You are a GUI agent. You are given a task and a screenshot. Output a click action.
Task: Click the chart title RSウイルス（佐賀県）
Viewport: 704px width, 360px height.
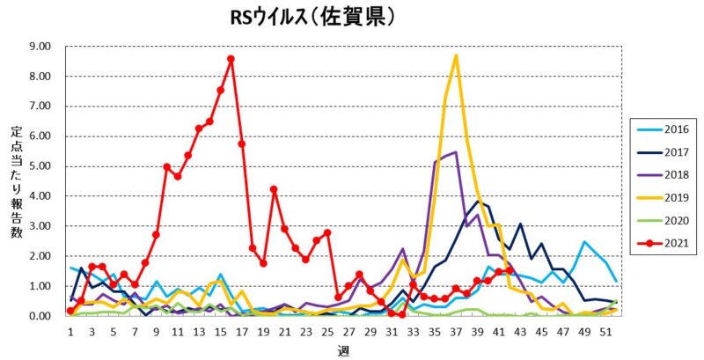click(306, 18)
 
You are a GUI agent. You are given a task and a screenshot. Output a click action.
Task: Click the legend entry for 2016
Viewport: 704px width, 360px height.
click(665, 129)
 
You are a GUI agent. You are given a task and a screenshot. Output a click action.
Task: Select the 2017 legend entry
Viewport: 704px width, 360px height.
click(665, 151)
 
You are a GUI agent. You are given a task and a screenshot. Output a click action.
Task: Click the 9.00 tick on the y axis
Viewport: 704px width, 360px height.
click(39, 46)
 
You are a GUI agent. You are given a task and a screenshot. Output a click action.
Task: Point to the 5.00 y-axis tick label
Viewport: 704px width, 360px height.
click(39, 166)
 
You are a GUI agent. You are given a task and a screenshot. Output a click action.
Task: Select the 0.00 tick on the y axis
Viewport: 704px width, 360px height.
click(39, 316)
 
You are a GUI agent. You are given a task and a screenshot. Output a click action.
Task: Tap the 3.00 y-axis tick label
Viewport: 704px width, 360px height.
click(39, 226)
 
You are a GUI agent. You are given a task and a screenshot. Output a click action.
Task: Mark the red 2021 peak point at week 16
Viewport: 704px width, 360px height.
click(231, 59)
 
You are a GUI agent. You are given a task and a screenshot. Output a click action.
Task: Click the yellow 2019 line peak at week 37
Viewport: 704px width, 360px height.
click(456, 55)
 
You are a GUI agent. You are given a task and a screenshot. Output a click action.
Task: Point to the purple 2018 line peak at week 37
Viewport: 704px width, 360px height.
click(455, 152)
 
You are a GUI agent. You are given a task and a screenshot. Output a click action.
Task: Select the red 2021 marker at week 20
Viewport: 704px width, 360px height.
click(274, 189)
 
